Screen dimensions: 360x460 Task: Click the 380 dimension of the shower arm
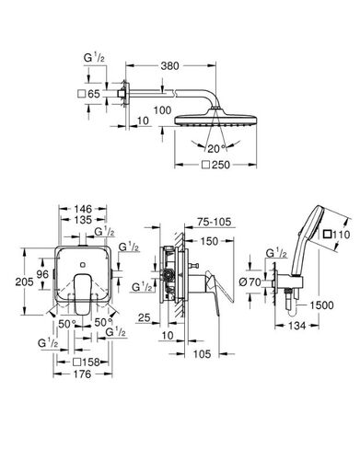(x=169, y=66)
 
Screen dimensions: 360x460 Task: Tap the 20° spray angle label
(x=215, y=149)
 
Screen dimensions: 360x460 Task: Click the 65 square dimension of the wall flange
(x=89, y=94)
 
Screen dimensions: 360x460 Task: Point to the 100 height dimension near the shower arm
(x=162, y=109)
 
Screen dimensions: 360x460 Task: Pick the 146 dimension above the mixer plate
(x=83, y=209)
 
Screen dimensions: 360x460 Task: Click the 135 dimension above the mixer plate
(x=83, y=220)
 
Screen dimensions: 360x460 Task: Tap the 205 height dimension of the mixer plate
(x=24, y=282)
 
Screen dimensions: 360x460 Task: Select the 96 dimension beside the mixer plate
(x=42, y=274)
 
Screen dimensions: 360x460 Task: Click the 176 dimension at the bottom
(x=82, y=374)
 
